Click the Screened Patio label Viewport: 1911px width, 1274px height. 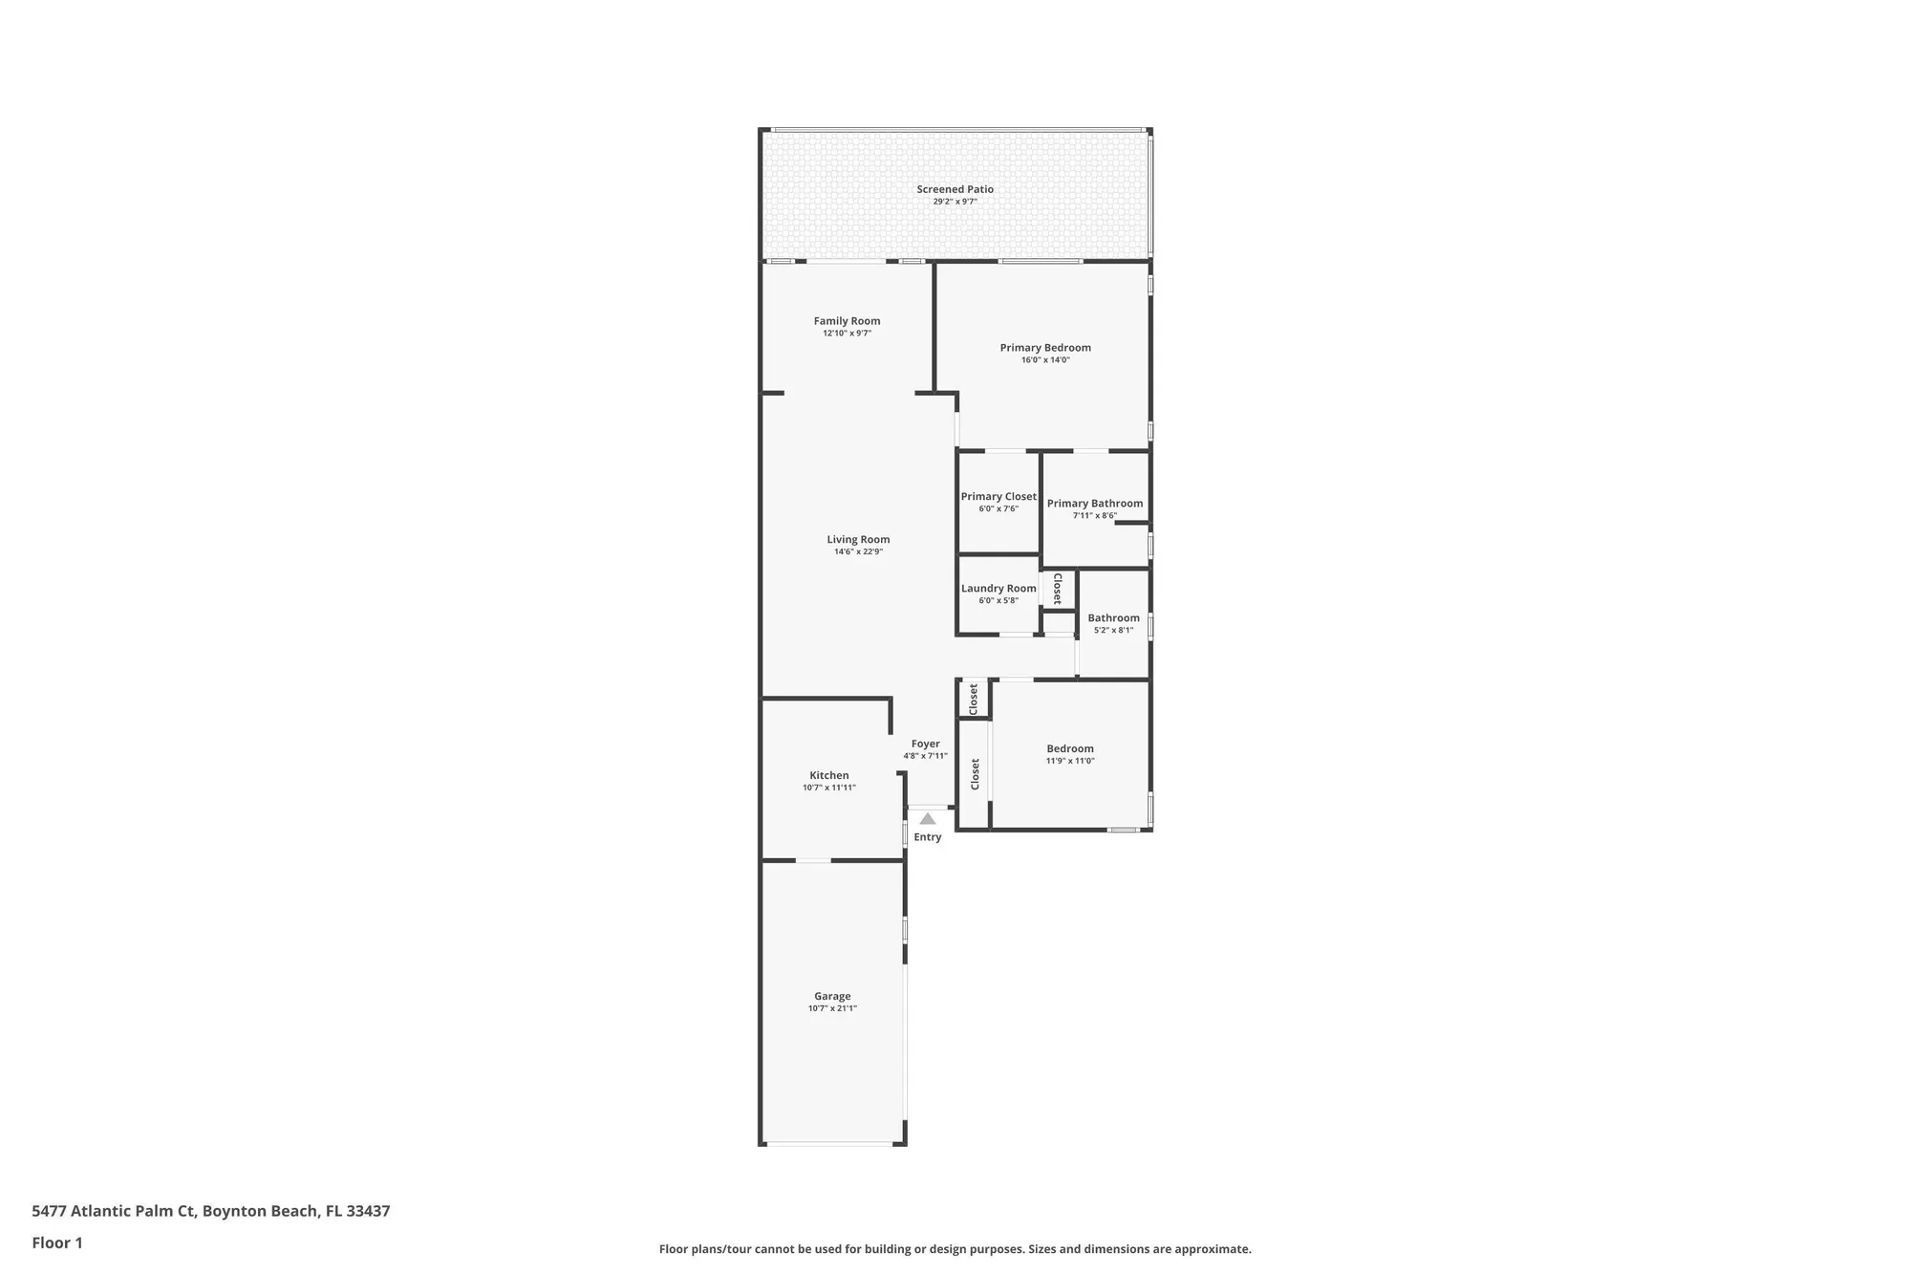[955, 189]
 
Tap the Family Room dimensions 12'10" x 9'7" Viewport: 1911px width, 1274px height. [847, 334]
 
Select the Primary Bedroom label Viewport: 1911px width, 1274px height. [1045, 348]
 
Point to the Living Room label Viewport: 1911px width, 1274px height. [858, 540]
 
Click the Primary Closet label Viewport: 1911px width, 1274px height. [998, 497]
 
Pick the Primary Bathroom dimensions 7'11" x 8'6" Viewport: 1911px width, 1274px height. [1094, 516]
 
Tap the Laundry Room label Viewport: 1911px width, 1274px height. [998, 589]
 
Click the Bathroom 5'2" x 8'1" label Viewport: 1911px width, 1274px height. [1113, 618]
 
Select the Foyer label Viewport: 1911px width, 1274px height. [925, 744]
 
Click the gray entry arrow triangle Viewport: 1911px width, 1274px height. [927, 819]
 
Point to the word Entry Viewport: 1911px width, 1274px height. [927, 837]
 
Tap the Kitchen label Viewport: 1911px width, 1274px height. [828, 776]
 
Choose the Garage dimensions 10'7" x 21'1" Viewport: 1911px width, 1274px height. [832, 1008]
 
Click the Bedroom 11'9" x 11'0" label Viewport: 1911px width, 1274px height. [1069, 749]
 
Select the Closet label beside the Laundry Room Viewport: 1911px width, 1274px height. [1058, 589]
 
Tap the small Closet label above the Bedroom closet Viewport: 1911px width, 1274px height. [974, 699]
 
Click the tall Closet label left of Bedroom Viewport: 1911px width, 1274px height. [975, 774]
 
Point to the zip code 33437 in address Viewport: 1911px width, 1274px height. [368, 1211]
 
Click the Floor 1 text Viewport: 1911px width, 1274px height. [57, 1242]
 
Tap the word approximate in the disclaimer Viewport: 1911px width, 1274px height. [1219, 1248]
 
